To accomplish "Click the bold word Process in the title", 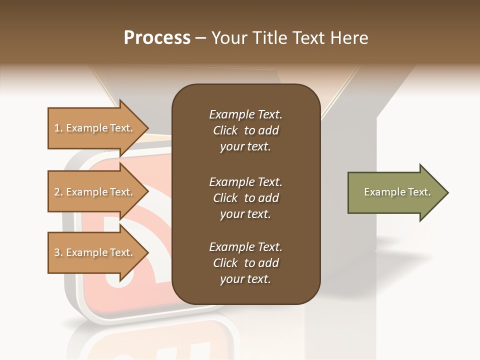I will [157, 37].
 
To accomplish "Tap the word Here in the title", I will [348, 37].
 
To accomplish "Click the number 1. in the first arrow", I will [58, 128].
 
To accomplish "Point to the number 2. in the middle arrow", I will [58, 192].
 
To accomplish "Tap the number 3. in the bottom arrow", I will [58, 252].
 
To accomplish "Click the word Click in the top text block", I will [225, 130].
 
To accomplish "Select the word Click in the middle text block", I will [225, 198].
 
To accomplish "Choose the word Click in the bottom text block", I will [225, 263].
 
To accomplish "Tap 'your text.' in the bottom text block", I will [245, 279].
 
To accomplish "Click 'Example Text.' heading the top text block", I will [245, 114].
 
